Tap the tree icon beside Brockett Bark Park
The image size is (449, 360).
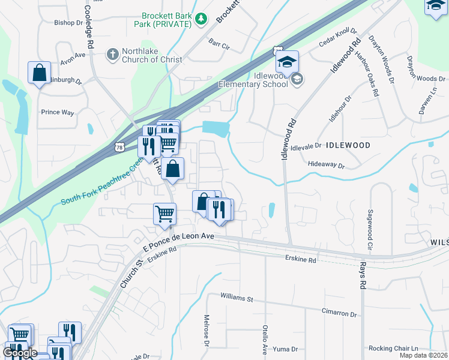pyautogui.click(x=201, y=20)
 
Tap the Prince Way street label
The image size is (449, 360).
pyautogui.click(x=57, y=112)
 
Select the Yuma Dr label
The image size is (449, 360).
pyautogui.click(x=285, y=349)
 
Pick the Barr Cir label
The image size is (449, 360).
pyautogui.click(x=220, y=44)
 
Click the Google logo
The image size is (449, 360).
pyautogui.click(x=20, y=353)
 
